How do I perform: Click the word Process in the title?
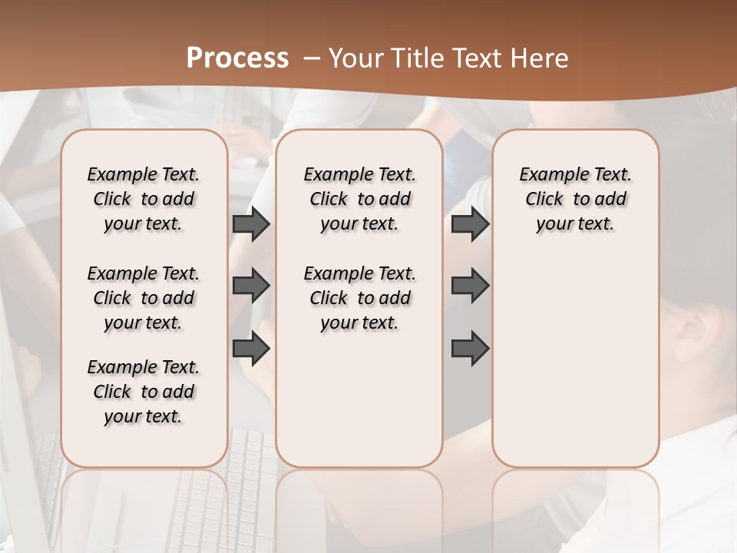pyautogui.click(x=237, y=58)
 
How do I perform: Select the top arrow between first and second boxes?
pyautogui.click(x=251, y=224)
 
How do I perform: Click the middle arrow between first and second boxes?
pyautogui.click(x=251, y=286)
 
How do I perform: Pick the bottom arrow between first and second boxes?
pyautogui.click(x=251, y=349)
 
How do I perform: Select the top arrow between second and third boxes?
pyautogui.click(x=470, y=224)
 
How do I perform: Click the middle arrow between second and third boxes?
pyautogui.click(x=470, y=286)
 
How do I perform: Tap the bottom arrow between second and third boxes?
pyautogui.click(x=470, y=349)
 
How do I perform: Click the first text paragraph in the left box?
pyautogui.click(x=144, y=199)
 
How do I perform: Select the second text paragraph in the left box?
pyautogui.click(x=144, y=298)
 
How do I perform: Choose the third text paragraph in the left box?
pyautogui.click(x=144, y=392)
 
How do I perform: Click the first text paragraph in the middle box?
pyautogui.click(x=359, y=199)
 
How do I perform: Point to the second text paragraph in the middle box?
pyautogui.click(x=359, y=298)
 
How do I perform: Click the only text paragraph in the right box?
pyautogui.click(x=575, y=199)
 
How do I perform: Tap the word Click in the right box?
pyautogui.click(x=544, y=200)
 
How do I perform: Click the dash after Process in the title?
pyautogui.click(x=312, y=58)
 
